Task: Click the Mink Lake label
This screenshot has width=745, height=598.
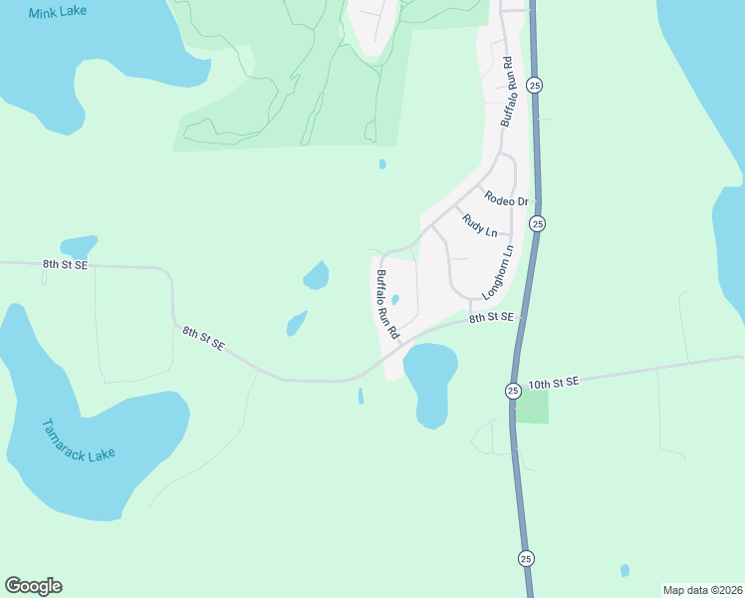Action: click(x=58, y=12)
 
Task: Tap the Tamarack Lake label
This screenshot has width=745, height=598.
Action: click(x=79, y=441)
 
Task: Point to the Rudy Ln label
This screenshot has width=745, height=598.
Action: click(x=479, y=226)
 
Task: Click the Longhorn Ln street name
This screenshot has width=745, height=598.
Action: click(x=497, y=273)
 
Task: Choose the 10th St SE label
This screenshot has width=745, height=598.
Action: click(x=554, y=383)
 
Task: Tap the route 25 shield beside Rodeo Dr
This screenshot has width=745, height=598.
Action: click(x=537, y=224)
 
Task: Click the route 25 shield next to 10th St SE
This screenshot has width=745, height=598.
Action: click(x=512, y=390)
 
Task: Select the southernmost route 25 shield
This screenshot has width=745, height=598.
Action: click(x=526, y=557)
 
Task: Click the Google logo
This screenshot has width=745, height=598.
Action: click(x=33, y=586)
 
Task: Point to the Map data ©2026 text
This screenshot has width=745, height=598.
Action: click(x=702, y=590)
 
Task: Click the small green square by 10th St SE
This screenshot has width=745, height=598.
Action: click(x=532, y=407)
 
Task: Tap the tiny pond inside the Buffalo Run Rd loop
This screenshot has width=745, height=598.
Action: click(x=395, y=299)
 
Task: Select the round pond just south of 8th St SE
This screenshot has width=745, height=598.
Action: click(x=430, y=384)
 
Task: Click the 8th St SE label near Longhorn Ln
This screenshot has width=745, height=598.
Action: click(x=491, y=317)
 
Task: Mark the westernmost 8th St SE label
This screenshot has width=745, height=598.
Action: click(x=65, y=265)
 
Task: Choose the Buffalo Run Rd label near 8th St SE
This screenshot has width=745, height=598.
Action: click(x=386, y=304)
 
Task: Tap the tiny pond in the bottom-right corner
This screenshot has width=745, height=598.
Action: click(x=624, y=571)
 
